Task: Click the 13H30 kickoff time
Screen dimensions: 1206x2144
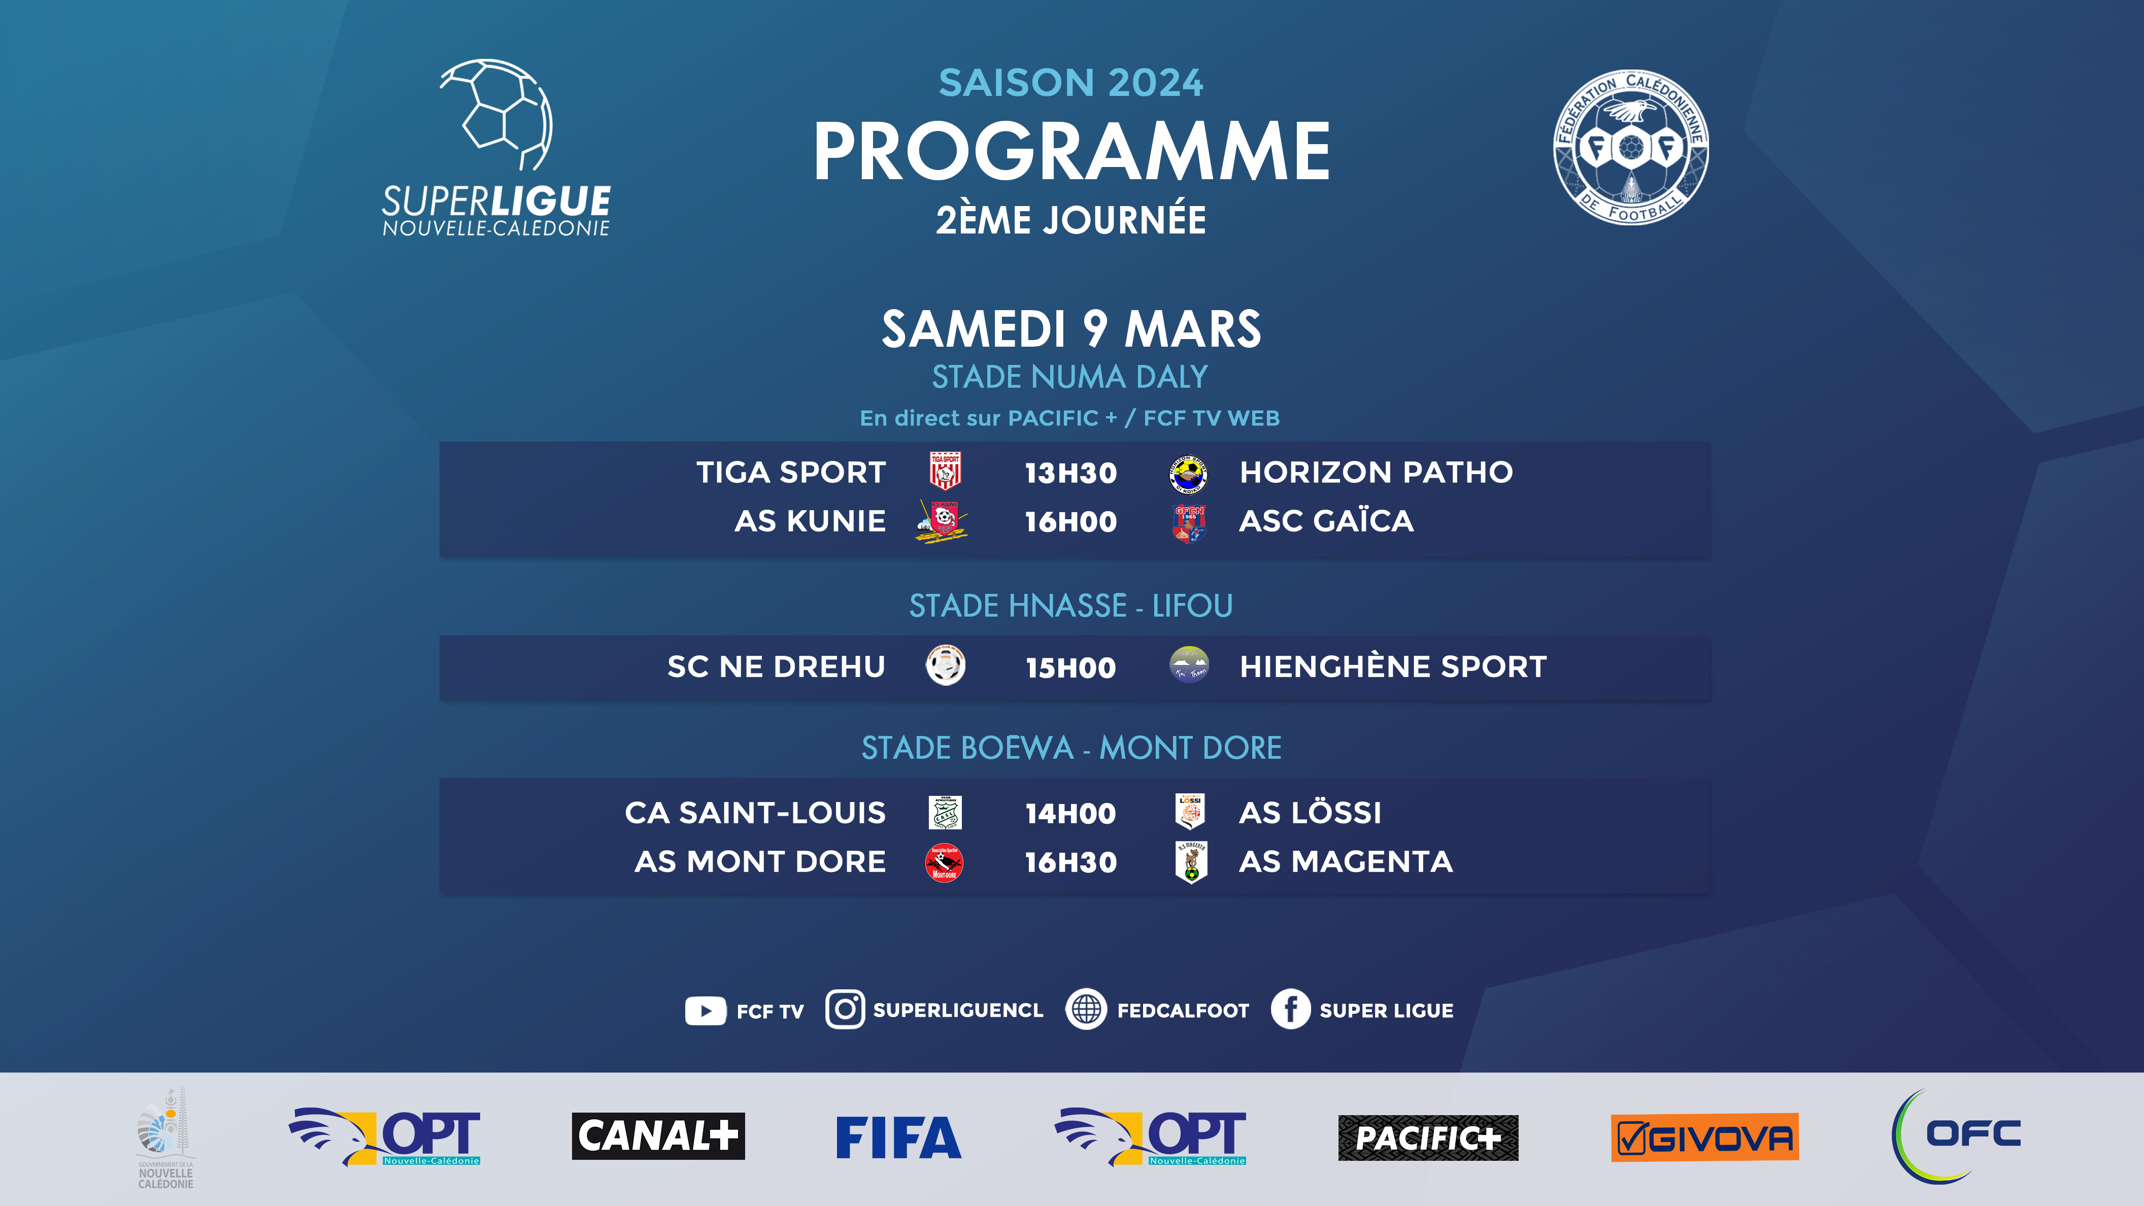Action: (1070, 473)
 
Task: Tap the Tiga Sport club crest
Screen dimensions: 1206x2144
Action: (945, 471)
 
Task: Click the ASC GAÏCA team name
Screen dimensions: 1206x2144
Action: (1326, 521)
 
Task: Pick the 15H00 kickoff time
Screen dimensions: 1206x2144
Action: (1070, 667)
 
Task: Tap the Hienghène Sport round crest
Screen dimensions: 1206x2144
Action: (1189, 665)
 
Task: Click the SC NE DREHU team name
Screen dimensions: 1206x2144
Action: (776, 666)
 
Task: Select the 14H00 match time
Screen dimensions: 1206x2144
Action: (1070, 813)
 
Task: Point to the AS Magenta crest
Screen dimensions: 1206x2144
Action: (1191, 861)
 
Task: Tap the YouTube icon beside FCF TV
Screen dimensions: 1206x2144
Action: (705, 1011)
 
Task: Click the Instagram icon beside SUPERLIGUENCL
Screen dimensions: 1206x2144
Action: (845, 1010)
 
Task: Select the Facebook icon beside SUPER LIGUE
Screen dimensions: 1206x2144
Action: (1290, 1010)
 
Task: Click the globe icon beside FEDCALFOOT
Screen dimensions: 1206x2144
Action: (1086, 1010)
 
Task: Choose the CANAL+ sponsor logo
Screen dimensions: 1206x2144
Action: (657, 1136)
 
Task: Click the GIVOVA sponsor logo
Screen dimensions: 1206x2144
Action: (1704, 1137)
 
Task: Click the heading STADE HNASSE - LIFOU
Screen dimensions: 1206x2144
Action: (1070, 606)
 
